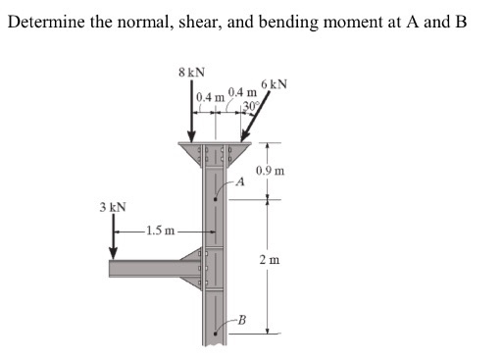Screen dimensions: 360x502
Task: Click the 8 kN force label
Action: click(x=191, y=72)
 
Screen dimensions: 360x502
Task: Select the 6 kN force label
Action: click(x=274, y=83)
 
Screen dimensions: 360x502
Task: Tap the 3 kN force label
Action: click(x=112, y=208)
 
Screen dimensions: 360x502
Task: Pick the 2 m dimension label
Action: click(x=269, y=260)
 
